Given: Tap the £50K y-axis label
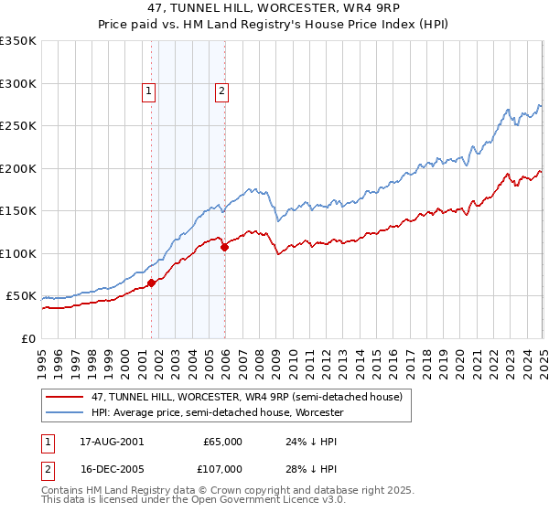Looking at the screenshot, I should pos(21,296).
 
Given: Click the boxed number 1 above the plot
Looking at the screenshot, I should pos(148,91).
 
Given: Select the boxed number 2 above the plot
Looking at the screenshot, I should pos(221,91).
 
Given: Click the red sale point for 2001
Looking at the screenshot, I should pos(152,283).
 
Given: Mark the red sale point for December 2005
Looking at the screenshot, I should pos(224,247).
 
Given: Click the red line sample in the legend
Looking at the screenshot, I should pos(65,396).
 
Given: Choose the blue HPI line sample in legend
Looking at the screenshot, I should pos(65,413).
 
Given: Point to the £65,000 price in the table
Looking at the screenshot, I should pos(222,442).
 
